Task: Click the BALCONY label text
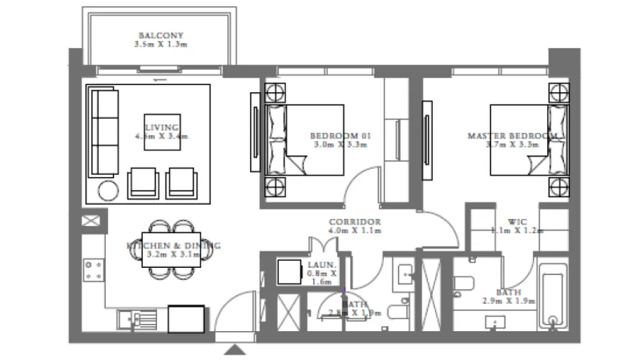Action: tap(161, 35)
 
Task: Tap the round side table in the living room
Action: tap(109, 191)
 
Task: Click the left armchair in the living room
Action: tap(141, 183)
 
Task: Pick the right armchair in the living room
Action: tap(180, 183)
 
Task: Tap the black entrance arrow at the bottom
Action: tap(235, 350)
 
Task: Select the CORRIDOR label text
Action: tap(354, 222)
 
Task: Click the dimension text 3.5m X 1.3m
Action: tap(161, 45)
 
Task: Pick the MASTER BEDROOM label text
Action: tap(512, 135)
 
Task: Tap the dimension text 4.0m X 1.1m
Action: tap(354, 231)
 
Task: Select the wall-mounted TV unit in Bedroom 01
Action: tap(255, 132)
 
